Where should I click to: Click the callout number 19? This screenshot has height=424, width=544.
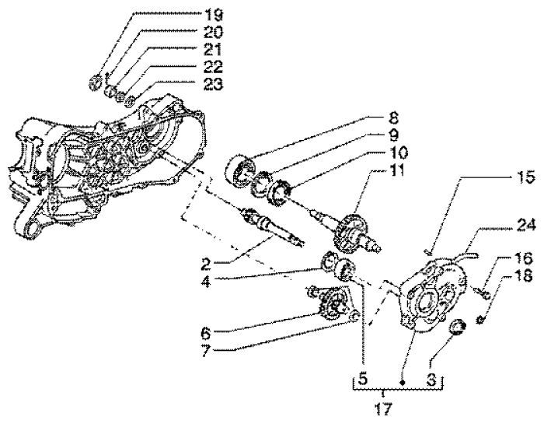click(x=191, y=15)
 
